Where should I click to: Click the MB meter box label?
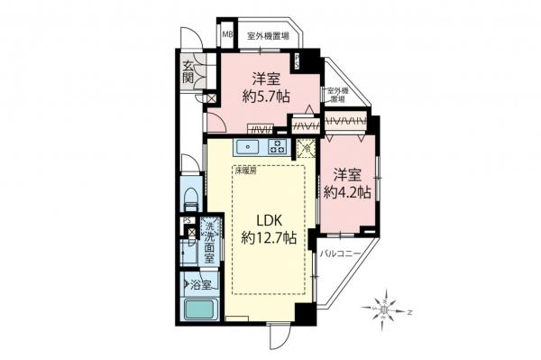pos(227,37)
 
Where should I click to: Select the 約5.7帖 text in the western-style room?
pos(262,92)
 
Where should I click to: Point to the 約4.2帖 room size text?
pos(346,192)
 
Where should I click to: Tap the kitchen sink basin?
pos(248,146)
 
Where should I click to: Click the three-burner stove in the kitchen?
pos(276,146)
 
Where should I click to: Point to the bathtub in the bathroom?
pos(201,309)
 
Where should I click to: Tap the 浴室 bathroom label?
pos(200,285)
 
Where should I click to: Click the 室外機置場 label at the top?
pos(268,37)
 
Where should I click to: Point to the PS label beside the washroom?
pos(187,219)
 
